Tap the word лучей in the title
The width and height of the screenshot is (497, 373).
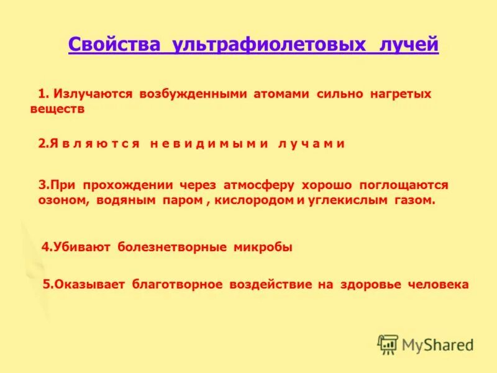point(407,45)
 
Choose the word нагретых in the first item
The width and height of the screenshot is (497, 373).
point(400,94)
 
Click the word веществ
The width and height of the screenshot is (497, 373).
point(57,109)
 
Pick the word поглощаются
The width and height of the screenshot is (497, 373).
point(399,185)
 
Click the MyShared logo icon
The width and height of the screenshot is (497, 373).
point(388,344)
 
